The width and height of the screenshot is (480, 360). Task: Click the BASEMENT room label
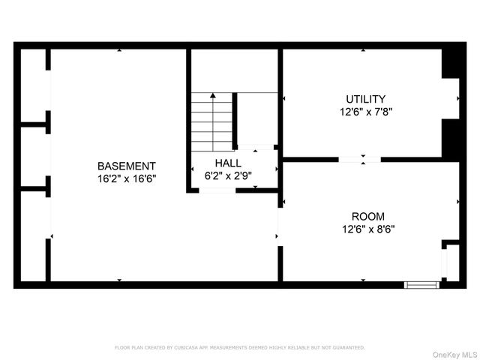point(127,166)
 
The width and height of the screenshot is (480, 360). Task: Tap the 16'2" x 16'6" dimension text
point(127,178)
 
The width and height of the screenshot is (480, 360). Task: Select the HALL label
point(228,163)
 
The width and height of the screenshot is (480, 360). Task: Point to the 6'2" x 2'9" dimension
point(228,175)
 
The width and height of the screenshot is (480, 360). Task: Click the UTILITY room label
point(365,99)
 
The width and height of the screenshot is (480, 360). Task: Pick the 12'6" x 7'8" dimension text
point(365,111)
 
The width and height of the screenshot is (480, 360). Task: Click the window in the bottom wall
point(421,284)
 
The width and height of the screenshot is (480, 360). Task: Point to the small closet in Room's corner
point(451,262)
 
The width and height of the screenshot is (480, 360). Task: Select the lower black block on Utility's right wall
point(451,138)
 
